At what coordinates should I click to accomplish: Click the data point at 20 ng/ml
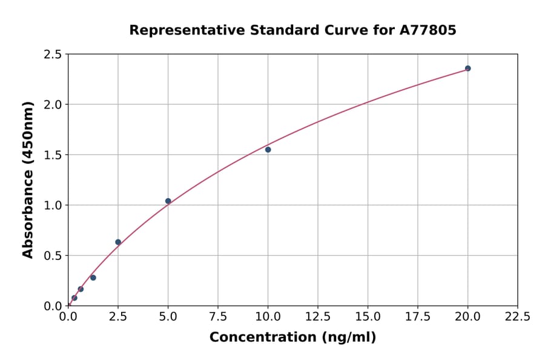point(467,68)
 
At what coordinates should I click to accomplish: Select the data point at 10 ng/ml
point(268,150)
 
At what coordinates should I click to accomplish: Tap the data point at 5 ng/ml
point(168,201)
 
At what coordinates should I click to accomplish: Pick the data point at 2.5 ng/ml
point(118,242)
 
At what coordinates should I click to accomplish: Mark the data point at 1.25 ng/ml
point(93,278)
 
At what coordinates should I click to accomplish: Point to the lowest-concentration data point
point(74,298)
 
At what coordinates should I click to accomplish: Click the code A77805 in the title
point(428,30)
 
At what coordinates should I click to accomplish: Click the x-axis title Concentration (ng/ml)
point(292,338)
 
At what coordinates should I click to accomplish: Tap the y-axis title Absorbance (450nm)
point(28,179)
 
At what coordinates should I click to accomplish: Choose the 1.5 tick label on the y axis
point(53,155)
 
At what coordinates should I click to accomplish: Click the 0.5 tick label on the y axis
point(53,256)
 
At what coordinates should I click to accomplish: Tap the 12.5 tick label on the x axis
point(318,317)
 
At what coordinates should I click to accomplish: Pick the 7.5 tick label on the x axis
point(218,317)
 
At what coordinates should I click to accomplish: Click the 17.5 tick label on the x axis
point(418,317)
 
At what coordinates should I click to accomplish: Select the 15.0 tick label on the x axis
point(368,317)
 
